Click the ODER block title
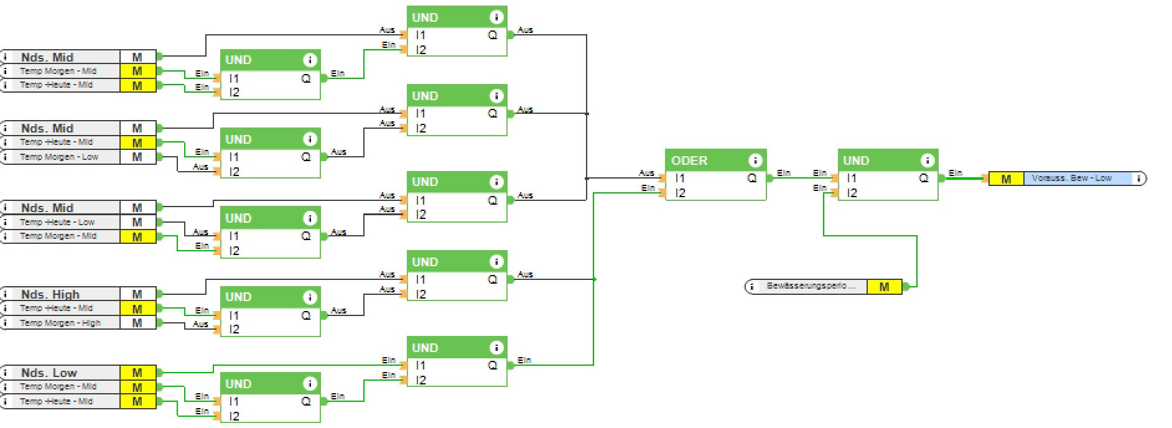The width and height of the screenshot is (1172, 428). click(x=689, y=160)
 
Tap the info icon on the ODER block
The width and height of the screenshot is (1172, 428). click(x=755, y=160)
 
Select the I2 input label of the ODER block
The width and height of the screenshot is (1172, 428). click(x=681, y=193)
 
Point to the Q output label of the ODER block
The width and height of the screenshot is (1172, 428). click(x=752, y=179)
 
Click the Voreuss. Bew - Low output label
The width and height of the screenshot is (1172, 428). click(x=1071, y=179)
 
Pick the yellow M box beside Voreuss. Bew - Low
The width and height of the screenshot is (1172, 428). click(x=1006, y=179)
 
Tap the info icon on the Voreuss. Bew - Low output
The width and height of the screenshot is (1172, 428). click(x=1139, y=179)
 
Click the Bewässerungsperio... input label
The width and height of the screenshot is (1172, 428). click(x=811, y=286)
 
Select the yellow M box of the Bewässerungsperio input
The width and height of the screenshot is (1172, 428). click(x=884, y=287)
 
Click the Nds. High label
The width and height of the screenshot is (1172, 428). click(x=50, y=294)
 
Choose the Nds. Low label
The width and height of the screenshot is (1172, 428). click(x=49, y=373)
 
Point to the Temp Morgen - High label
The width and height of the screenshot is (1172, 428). click(x=60, y=323)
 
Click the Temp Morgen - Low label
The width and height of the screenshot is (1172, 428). click(x=59, y=157)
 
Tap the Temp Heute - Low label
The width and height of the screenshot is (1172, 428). click(x=57, y=222)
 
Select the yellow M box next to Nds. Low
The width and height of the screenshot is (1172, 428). click(x=137, y=373)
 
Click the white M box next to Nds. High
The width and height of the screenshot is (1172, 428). click(x=137, y=294)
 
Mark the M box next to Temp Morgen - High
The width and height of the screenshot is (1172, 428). click(x=137, y=323)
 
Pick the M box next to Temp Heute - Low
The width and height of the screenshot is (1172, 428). click(x=137, y=222)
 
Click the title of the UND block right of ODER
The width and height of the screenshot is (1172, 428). click(x=856, y=160)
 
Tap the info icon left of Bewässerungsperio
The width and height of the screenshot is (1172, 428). click(x=751, y=287)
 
